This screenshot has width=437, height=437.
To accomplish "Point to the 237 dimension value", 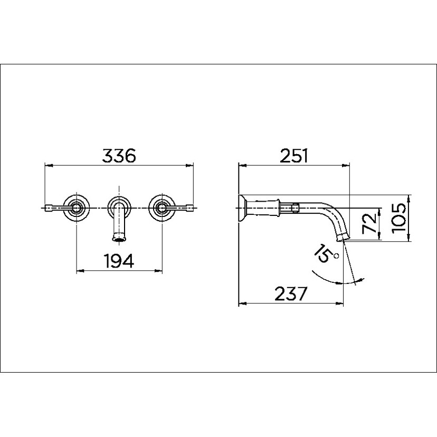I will (290, 293).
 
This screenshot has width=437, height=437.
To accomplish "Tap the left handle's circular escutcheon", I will (77, 208).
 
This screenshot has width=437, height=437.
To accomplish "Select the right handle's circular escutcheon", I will (161, 208).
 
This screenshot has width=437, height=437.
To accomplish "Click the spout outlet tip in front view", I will (120, 239).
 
